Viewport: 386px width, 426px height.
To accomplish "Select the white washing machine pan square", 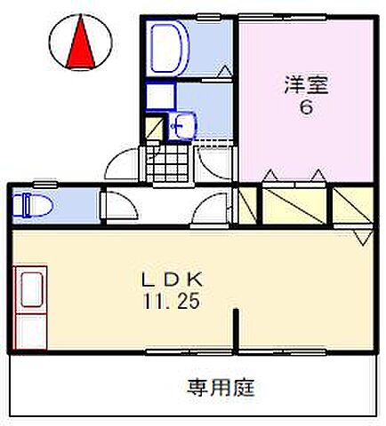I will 160,96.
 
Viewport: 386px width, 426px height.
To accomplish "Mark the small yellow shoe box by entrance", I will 156,126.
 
